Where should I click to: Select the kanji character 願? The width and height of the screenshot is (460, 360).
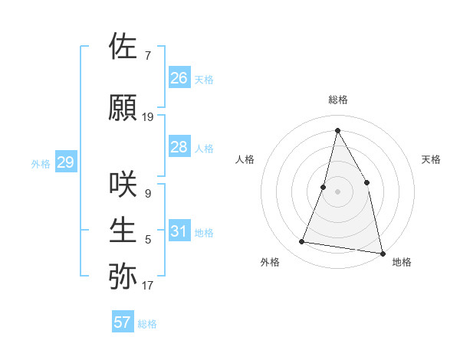(124, 108)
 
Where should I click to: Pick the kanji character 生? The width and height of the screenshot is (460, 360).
(124, 231)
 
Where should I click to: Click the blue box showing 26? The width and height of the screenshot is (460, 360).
(179, 78)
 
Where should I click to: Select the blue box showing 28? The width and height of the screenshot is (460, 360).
(179, 147)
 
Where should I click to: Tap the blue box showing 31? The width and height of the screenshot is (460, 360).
(179, 231)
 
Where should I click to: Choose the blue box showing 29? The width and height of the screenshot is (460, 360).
(65, 162)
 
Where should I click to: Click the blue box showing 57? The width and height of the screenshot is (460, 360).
(123, 322)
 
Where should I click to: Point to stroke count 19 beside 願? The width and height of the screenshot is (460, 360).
(148, 117)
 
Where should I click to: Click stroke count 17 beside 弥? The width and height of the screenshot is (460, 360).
(148, 286)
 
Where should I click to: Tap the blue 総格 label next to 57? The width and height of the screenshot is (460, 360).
(147, 324)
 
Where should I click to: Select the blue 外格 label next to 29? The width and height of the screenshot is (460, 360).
(40, 163)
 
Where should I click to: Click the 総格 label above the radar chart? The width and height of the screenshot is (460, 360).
(338, 100)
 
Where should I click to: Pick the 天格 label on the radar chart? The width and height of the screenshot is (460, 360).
(432, 159)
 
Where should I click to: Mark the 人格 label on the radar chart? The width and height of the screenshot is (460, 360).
(245, 159)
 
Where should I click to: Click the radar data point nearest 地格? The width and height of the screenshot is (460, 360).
(382, 252)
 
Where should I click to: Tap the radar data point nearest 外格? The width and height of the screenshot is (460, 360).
(302, 242)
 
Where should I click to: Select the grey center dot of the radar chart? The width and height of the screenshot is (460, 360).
(338, 191)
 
